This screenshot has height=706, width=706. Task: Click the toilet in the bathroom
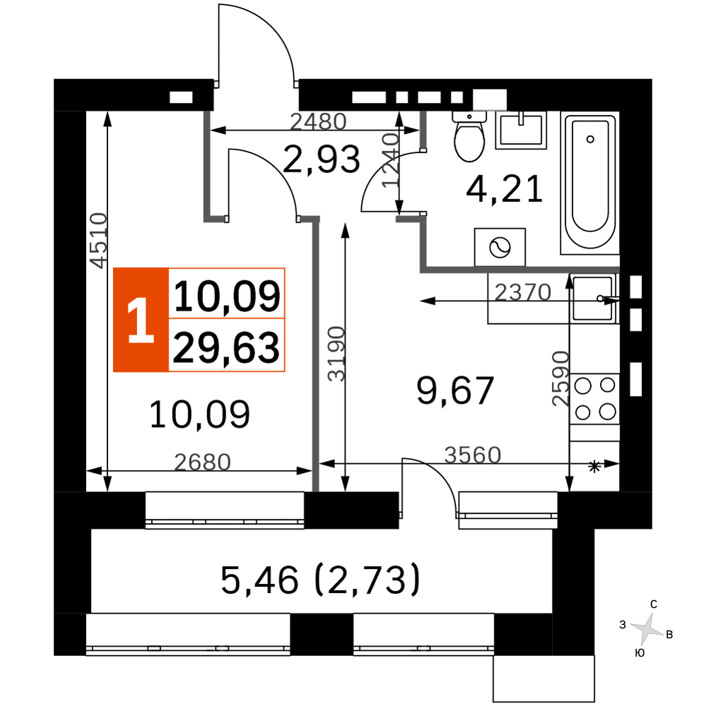point(469,136)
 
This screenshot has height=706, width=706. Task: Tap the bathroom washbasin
point(521,130)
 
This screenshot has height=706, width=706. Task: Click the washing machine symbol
point(500,247)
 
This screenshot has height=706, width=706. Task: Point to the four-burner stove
point(594,398)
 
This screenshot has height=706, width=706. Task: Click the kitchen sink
point(594,298)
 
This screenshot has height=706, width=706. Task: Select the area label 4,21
point(504,189)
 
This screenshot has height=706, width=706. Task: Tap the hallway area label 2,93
point(322,160)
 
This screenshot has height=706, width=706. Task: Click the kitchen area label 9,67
point(455,390)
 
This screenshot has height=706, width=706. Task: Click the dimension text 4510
point(99,241)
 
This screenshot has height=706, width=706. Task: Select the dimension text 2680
point(202,462)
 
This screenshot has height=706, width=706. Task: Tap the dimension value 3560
point(473,455)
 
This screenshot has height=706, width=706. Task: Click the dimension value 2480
point(318,121)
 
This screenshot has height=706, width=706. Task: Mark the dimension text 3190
point(336,354)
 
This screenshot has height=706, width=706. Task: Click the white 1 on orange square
point(141,320)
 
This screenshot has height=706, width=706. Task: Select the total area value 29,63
point(226,347)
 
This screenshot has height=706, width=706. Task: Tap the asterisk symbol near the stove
point(594,467)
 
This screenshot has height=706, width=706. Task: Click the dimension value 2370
point(523,293)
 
